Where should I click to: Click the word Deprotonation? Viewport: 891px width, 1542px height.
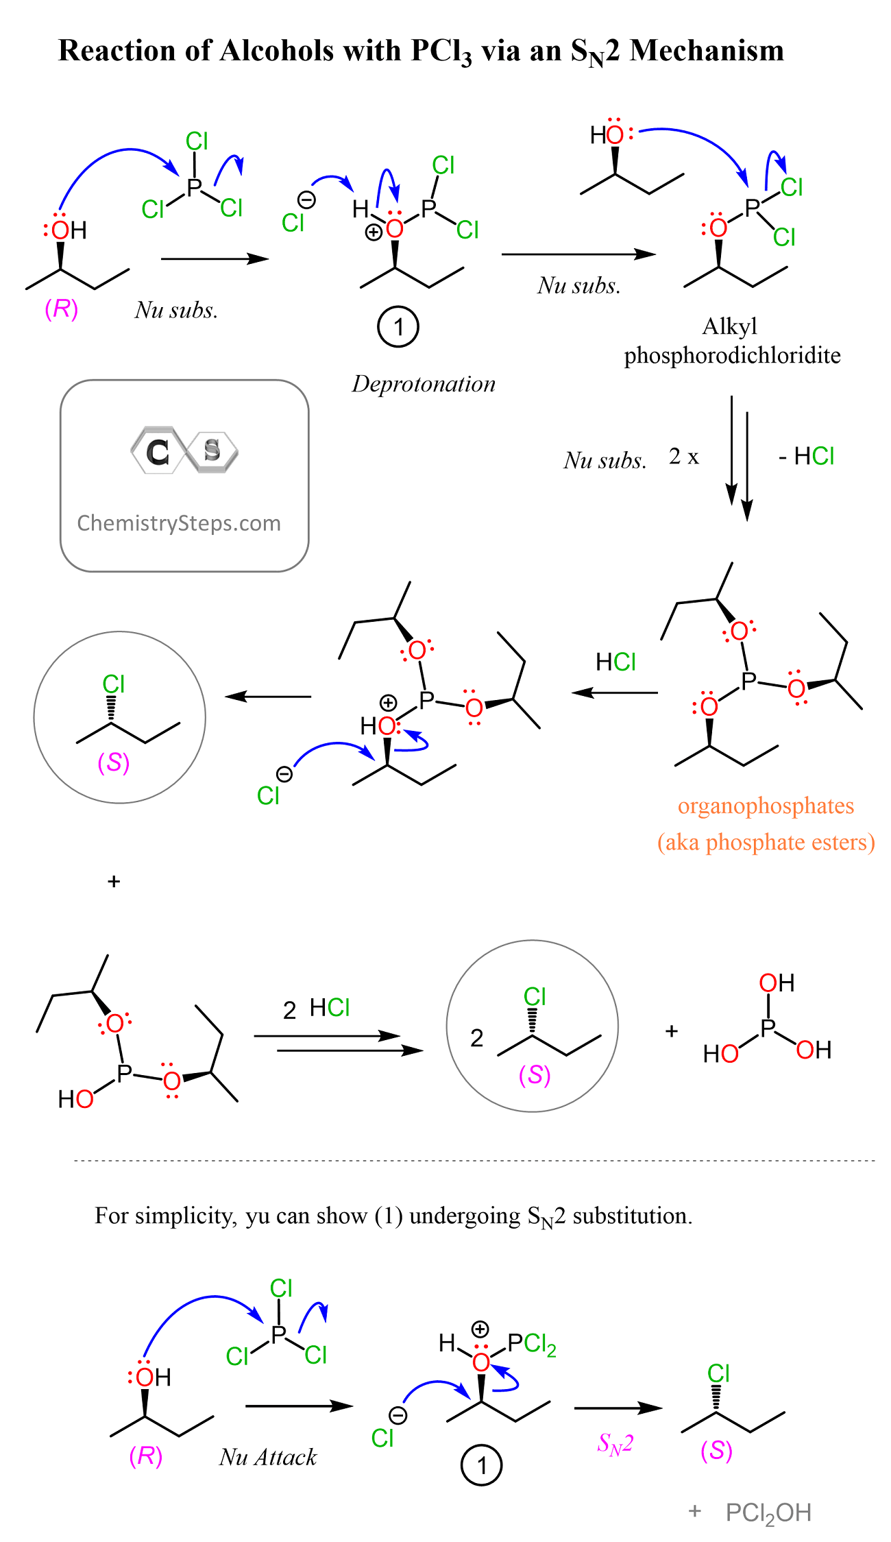pos(424,384)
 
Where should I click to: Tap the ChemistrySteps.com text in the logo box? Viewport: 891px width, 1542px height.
pos(179,523)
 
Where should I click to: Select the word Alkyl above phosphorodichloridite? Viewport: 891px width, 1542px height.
pos(730,327)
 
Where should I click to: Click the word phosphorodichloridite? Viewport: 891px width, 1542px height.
pos(732,356)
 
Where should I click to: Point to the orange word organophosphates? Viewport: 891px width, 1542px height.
pos(766,806)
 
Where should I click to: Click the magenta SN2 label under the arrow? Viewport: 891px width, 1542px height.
pos(615,1444)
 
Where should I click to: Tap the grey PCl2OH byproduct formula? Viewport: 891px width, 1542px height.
pos(768,1513)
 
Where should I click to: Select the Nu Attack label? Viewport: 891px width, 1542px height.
pos(268,1456)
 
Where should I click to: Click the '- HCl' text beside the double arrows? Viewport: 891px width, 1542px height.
pos(806,456)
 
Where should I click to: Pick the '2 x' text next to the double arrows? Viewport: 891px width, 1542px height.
pos(683,456)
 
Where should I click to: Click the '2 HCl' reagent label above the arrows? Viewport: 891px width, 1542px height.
pos(316,1008)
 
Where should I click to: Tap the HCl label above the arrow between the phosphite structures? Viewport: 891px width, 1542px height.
pos(615,662)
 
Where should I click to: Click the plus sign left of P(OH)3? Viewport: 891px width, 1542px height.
pos(672,1031)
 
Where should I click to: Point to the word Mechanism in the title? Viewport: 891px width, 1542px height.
pos(707,50)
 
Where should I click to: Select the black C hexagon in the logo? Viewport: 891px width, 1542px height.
pos(158,451)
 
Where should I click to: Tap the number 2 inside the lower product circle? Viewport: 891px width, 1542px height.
pos(477,1038)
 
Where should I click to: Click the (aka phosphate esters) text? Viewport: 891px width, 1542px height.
pos(766,842)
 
